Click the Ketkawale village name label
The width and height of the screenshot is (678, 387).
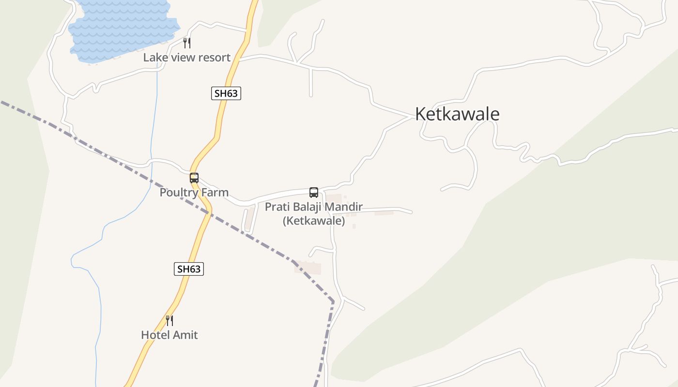point(457,114)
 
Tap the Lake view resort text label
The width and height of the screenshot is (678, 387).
point(186,58)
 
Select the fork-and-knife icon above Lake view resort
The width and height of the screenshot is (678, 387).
point(187,43)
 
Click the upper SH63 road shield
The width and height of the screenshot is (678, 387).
point(226,93)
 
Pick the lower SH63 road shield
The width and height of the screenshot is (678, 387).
point(188,269)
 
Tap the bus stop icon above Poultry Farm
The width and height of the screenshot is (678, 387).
point(194,178)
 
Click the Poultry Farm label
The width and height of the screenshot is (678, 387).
point(194,193)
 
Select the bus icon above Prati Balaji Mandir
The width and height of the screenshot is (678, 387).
point(314,193)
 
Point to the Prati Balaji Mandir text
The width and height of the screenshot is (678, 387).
point(313,207)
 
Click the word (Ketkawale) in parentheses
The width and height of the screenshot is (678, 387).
point(314,221)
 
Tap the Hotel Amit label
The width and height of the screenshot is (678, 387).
point(169,335)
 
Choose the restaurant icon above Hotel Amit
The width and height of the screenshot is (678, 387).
point(169,320)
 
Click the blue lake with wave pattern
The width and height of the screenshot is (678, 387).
point(121,27)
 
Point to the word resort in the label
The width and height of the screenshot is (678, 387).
point(214,58)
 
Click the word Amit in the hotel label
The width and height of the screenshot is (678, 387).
point(187,335)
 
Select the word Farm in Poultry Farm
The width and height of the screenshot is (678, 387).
point(216,193)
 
